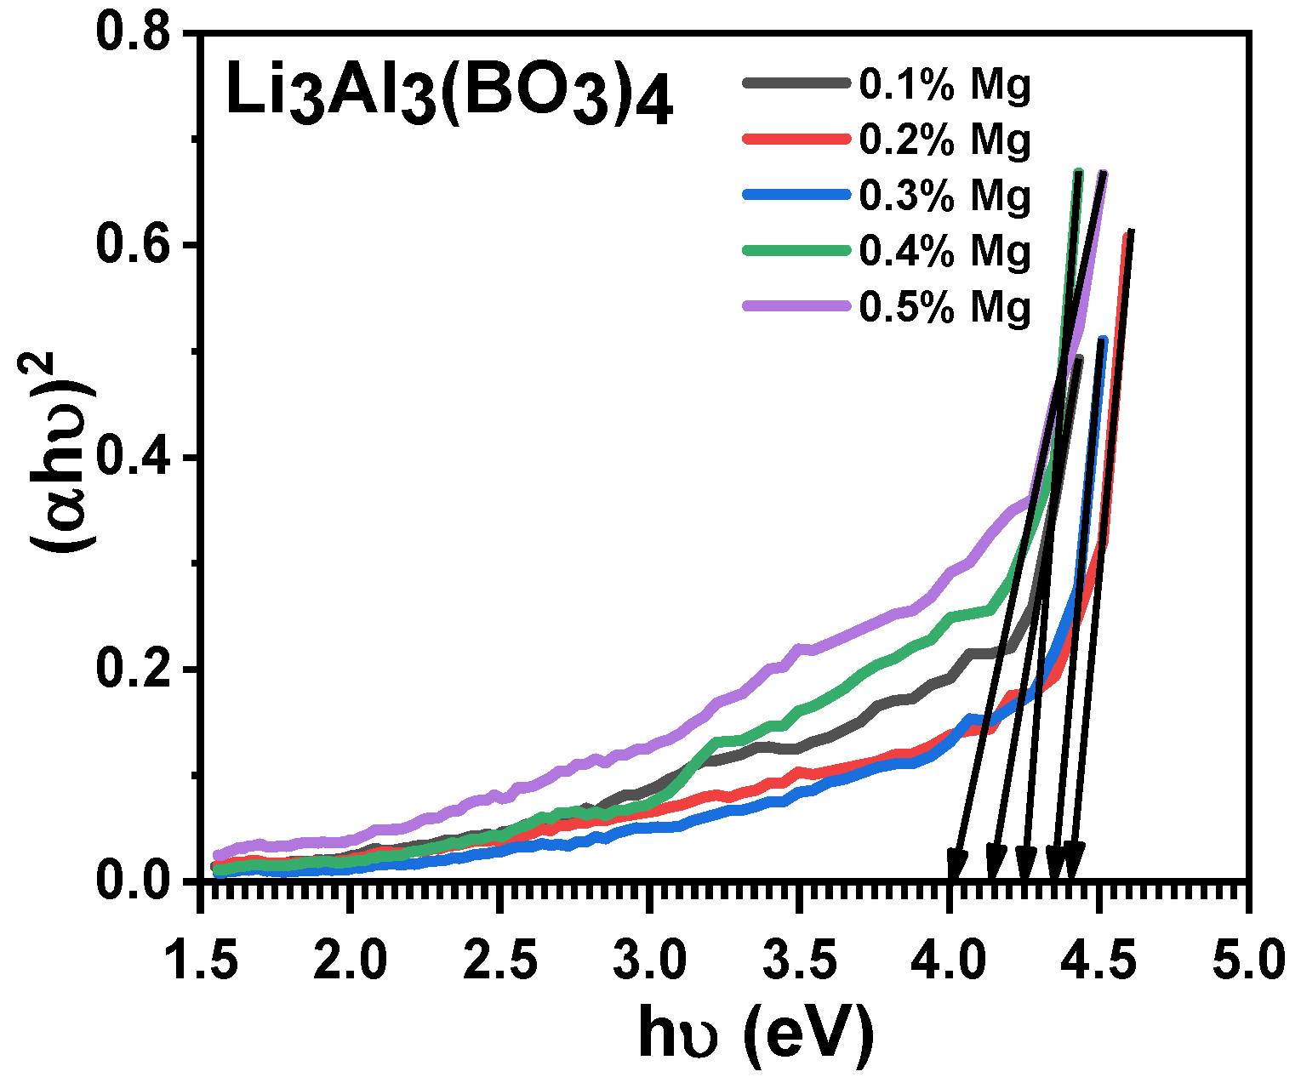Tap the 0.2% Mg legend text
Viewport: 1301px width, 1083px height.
pyautogui.click(x=944, y=140)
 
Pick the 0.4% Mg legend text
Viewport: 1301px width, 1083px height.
pyautogui.click(x=944, y=251)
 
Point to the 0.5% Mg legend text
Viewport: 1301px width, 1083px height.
pyautogui.click(x=944, y=306)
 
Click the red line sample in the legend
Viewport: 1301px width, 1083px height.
pyautogui.click(x=796, y=139)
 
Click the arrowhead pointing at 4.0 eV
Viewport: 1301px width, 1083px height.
pyautogui.click(x=956, y=866)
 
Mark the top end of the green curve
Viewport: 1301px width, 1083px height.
pyautogui.click(x=1079, y=174)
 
